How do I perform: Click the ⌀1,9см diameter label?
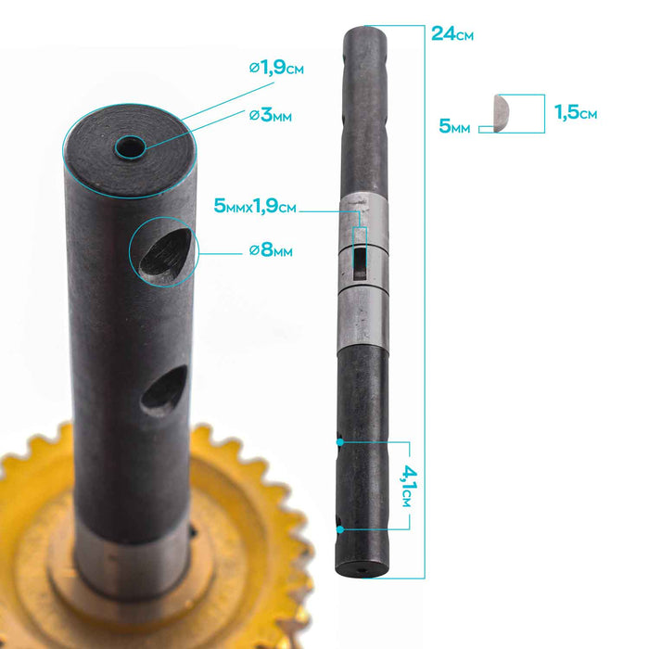point(276,68)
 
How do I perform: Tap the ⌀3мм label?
point(271,115)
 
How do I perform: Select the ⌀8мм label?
point(271,251)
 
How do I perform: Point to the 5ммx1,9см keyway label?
point(255,207)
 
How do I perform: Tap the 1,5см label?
point(575,113)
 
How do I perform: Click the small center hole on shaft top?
point(128,147)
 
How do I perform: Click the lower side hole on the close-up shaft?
point(163,388)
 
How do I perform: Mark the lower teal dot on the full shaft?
point(342,529)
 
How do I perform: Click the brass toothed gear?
point(37,501)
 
